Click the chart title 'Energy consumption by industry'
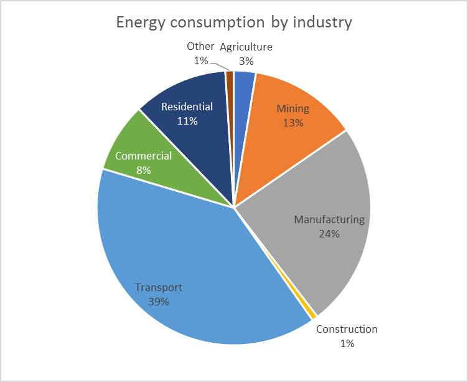[x=234, y=22]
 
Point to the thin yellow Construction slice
[x=313, y=315]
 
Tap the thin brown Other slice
[x=230, y=78]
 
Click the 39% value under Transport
[x=159, y=302]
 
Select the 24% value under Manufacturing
[x=329, y=234]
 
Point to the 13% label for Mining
[x=293, y=123]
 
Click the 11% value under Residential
[x=187, y=121]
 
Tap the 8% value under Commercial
[x=143, y=170]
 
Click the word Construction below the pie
[x=347, y=330]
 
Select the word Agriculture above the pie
[x=246, y=47]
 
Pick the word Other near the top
[x=200, y=47]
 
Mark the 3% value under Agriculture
[x=246, y=61]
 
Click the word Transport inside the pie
[x=159, y=287]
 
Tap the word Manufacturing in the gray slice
[x=329, y=219]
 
